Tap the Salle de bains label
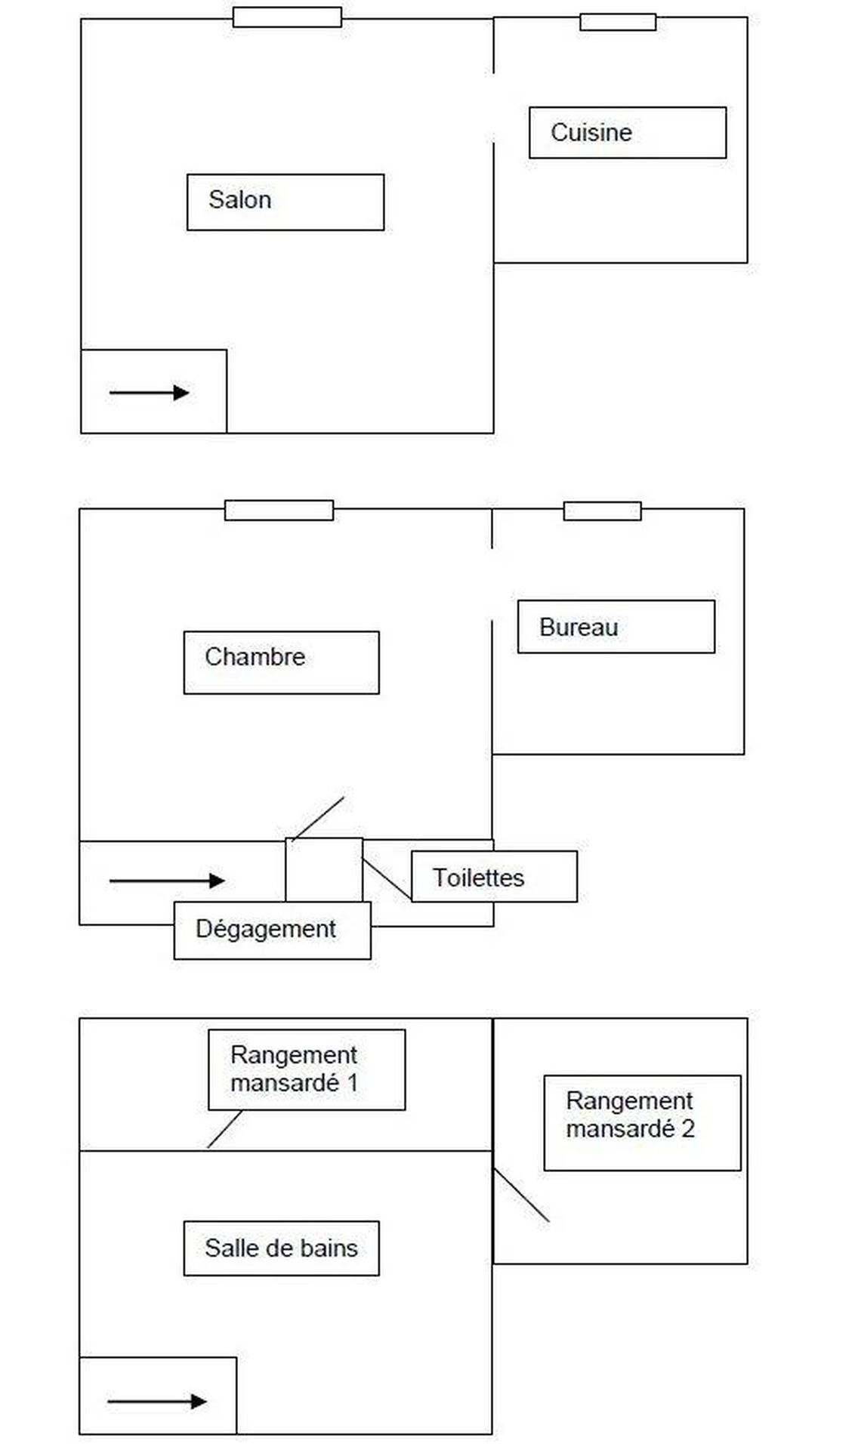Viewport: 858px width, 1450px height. point(281,1248)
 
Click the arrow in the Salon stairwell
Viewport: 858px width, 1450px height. point(149,393)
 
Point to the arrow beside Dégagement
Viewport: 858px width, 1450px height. point(167,881)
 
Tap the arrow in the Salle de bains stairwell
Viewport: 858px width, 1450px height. point(157,1402)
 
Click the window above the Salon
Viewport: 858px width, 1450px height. point(287,17)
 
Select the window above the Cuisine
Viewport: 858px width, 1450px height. point(618,22)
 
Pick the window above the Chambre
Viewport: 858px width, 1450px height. point(279,511)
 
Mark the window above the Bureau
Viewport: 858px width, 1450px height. point(602,511)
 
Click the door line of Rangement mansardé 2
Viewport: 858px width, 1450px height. point(521,1195)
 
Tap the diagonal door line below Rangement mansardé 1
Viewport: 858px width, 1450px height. point(224,1129)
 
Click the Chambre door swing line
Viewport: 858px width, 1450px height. point(318,818)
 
